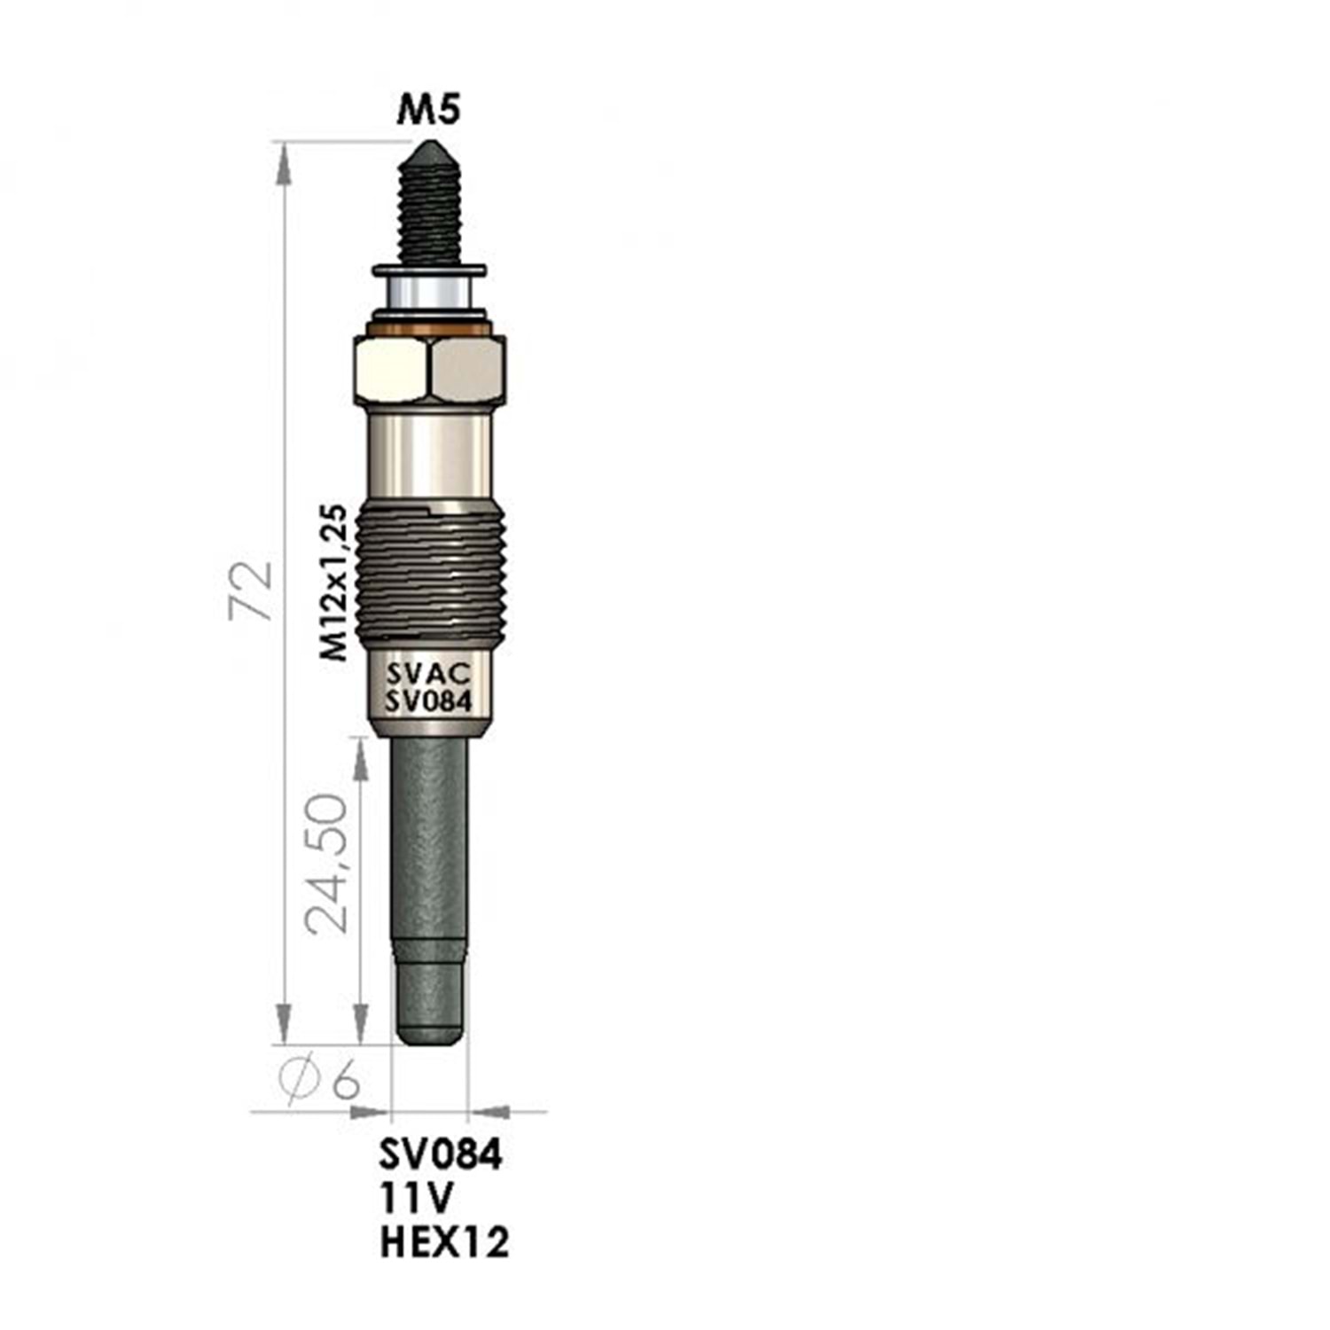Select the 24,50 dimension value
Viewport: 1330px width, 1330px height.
325,863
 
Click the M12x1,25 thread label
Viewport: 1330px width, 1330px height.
333,583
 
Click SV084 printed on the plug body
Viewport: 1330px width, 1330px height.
427,701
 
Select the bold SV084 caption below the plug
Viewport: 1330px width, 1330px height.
441,1154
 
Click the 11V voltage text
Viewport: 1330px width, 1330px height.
417,1199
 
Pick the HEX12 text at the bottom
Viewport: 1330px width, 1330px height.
444,1242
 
